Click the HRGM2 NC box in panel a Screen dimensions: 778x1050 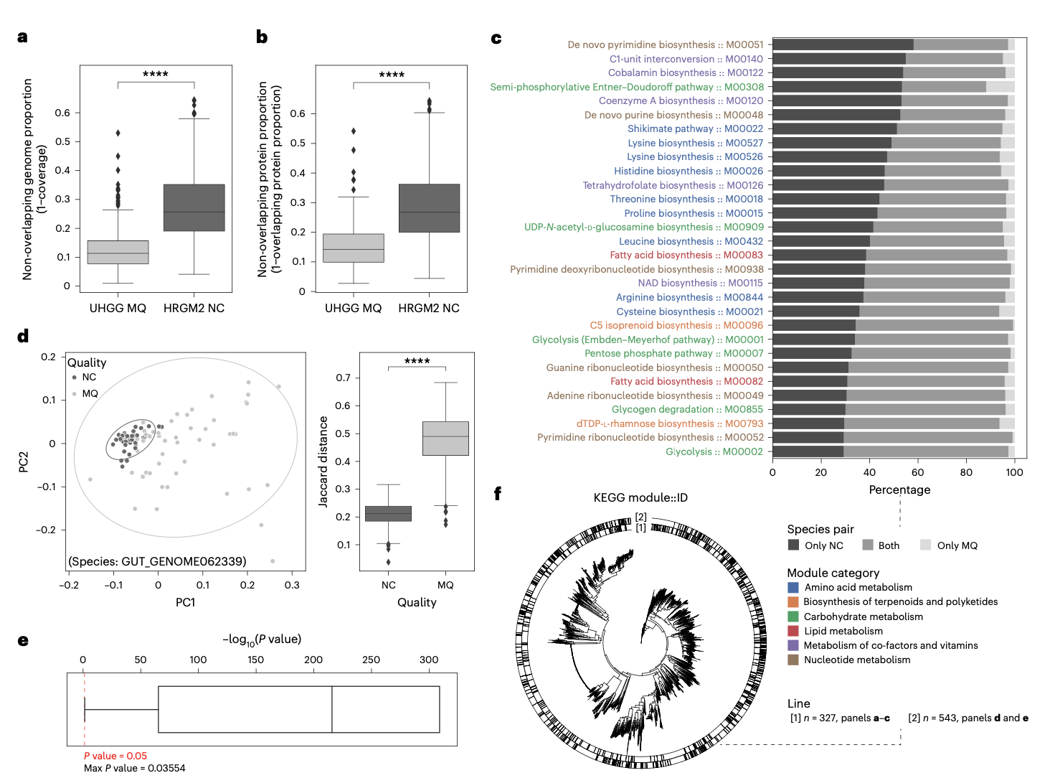click(194, 207)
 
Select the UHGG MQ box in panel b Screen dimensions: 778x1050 click(353, 248)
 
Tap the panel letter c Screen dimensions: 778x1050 click(496, 38)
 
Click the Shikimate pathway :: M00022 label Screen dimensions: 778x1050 click(695, 128)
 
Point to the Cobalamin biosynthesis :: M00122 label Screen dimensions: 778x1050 click(686, 72)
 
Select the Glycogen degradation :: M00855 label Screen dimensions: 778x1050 click(687, 409)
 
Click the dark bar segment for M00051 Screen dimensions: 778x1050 click(842, 44)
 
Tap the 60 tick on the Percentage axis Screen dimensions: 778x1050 click(917, 472)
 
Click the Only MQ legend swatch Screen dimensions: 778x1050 click(925, 545)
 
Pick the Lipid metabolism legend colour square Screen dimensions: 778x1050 click(793, 631)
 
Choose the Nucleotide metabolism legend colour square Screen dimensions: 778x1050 click(793, 660)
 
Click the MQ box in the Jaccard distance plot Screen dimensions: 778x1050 click(445, 438)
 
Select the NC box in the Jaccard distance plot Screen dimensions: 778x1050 click(388, 513)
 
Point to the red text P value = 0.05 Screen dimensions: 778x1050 click(115, 756)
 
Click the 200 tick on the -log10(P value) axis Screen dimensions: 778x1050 click(313, 660)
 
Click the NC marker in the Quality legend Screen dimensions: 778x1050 click(74, 378)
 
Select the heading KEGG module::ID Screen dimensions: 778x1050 click(640, 497)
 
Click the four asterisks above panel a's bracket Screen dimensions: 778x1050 click(156, 74)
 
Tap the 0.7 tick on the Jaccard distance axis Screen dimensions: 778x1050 click(344, 378)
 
